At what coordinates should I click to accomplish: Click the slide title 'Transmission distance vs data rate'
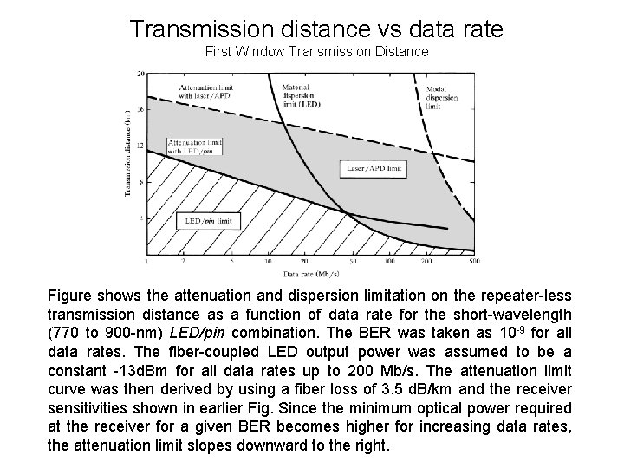click(x=316, y=29)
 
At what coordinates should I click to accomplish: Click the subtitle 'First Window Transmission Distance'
click(x=316, y=52)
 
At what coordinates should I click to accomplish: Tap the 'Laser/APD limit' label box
click(x=372, y=166)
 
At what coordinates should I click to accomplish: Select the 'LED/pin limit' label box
click(x=208, y=221)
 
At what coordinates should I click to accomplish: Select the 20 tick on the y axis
click(x=140, y=75)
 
